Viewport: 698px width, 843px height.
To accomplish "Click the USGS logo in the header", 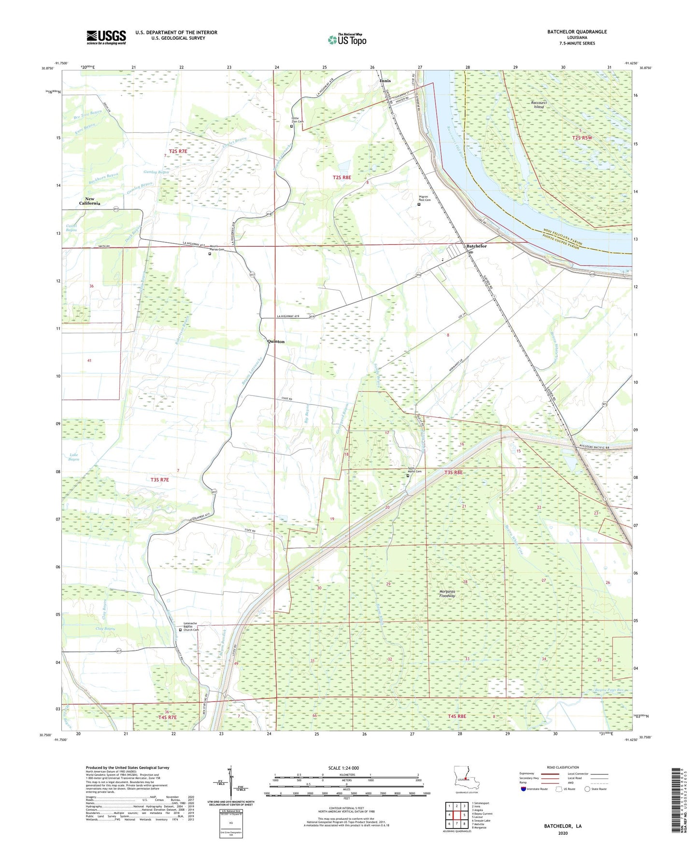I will (x=106, y=37).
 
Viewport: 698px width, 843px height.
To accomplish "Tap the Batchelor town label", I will (x=476, y=246).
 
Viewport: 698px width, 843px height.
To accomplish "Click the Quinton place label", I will (x=276, y=341).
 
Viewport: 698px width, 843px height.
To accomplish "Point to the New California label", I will (x=89, y=201).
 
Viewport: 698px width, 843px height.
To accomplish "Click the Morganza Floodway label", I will (x=447, y=593).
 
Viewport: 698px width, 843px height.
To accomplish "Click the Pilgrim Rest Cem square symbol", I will (x=419, y=204).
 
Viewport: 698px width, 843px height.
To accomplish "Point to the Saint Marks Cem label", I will (x=414, y=472).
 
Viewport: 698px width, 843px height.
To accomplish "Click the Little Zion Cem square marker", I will (x=291, y=126).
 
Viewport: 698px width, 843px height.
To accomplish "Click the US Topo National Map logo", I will (x=347, y=40).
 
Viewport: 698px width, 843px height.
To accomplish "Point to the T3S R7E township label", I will (x=160, y=480).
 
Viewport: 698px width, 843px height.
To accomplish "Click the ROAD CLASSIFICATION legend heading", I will (x=563, y=767).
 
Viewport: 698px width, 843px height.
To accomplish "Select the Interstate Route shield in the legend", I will (x=523, y=789).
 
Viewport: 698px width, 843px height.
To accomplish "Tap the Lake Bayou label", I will (x=73, y=457).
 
